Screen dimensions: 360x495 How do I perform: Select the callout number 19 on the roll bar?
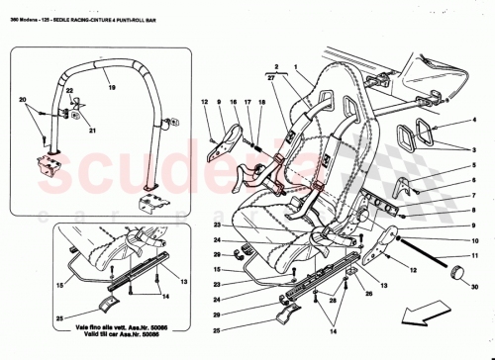point(113,87)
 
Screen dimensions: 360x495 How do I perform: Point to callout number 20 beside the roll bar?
point(22,101)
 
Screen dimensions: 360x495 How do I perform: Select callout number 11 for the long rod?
point(473,255)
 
